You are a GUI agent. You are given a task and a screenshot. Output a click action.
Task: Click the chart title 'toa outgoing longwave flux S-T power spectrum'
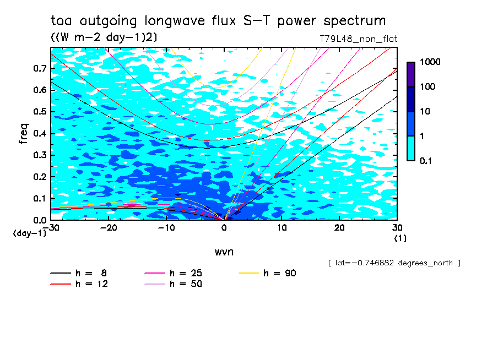click(x=218, y=21)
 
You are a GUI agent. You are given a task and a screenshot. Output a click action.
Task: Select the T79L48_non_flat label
click(x=358, y=39)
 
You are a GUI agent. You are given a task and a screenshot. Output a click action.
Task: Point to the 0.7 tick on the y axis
click(x=39, y=68)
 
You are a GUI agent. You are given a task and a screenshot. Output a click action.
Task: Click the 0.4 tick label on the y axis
click(x=39, y=133)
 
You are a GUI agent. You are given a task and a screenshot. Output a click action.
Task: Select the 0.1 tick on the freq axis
click(x=39, y=198)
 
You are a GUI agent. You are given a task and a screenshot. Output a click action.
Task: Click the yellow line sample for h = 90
click(x=249, y=273)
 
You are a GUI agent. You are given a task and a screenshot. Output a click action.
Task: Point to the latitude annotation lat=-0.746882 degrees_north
click(x=394, y=263)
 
